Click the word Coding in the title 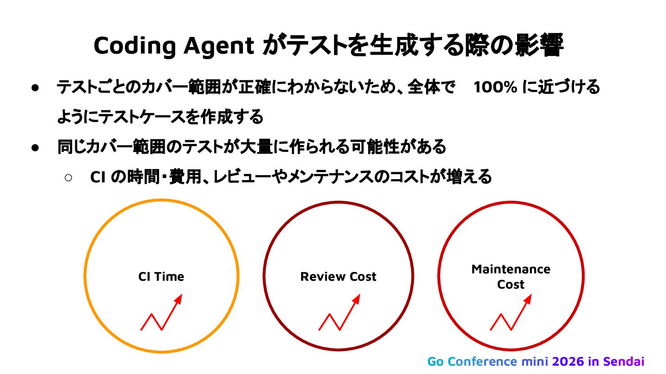point(134,45)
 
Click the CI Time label point(161,277)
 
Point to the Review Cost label point(338,277)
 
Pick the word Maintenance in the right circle point(511,269)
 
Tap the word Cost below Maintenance point(511,284)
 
